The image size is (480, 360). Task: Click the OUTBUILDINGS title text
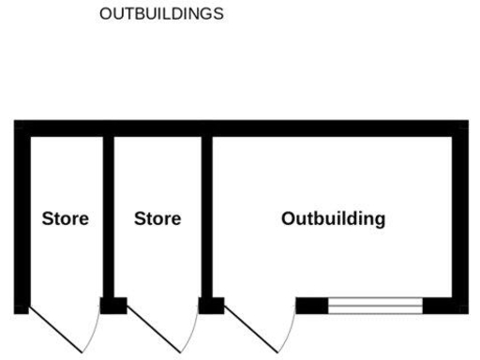click(166, 15)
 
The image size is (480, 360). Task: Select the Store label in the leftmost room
click(66, 219)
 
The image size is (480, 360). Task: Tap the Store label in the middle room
click(157, 219)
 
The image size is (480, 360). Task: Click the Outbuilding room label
click(333, 219)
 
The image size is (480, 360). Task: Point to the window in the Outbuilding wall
click(375, 305)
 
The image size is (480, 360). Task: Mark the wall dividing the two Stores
click(109, 216)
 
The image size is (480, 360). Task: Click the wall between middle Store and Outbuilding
click(207, 216)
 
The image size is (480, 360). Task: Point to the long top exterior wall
click(240, 128)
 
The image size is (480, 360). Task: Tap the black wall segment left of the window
click(312, 305)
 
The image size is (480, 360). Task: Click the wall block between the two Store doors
click(113, 305)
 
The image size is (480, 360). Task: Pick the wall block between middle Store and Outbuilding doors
click(211, 305)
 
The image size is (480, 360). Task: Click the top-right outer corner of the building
click(465, 122)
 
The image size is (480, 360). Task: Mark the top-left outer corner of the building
click(17, 122)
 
